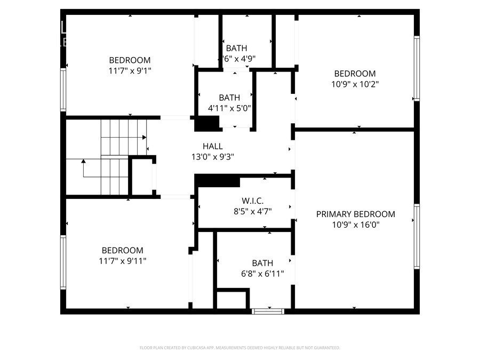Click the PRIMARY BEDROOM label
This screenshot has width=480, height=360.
(x=356, y=214)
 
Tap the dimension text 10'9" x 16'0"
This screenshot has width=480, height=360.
(x=356, y=225)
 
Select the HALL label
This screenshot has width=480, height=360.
(x=213, y=146)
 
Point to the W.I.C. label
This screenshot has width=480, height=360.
(x=246, y=201)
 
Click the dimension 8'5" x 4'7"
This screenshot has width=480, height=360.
(x=246, y=211)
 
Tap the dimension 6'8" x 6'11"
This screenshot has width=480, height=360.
(x=262, y=274)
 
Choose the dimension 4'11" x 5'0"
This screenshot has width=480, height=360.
(x=229, y=108)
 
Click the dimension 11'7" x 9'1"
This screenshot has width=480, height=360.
(x=130, y=70)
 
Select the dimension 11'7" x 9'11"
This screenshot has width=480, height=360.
(x=123, y=261)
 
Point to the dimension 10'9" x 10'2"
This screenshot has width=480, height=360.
(x=355, y=84)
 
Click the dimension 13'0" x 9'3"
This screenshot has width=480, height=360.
(x=213, y=156)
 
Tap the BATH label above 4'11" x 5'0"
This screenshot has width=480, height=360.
(x=229, y=98)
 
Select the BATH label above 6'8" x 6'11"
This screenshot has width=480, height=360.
(x=262, y=263)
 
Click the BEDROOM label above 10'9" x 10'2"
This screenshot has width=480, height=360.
(x=355, y=73)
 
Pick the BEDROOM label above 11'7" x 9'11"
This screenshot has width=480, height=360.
(x=123, y=250)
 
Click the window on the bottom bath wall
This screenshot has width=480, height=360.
(x=268, y=311)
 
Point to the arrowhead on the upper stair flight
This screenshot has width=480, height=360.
(x=145, y=137)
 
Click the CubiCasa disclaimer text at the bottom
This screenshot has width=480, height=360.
(x=239, y=348)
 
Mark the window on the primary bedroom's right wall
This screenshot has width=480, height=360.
(x=417, y=235)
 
